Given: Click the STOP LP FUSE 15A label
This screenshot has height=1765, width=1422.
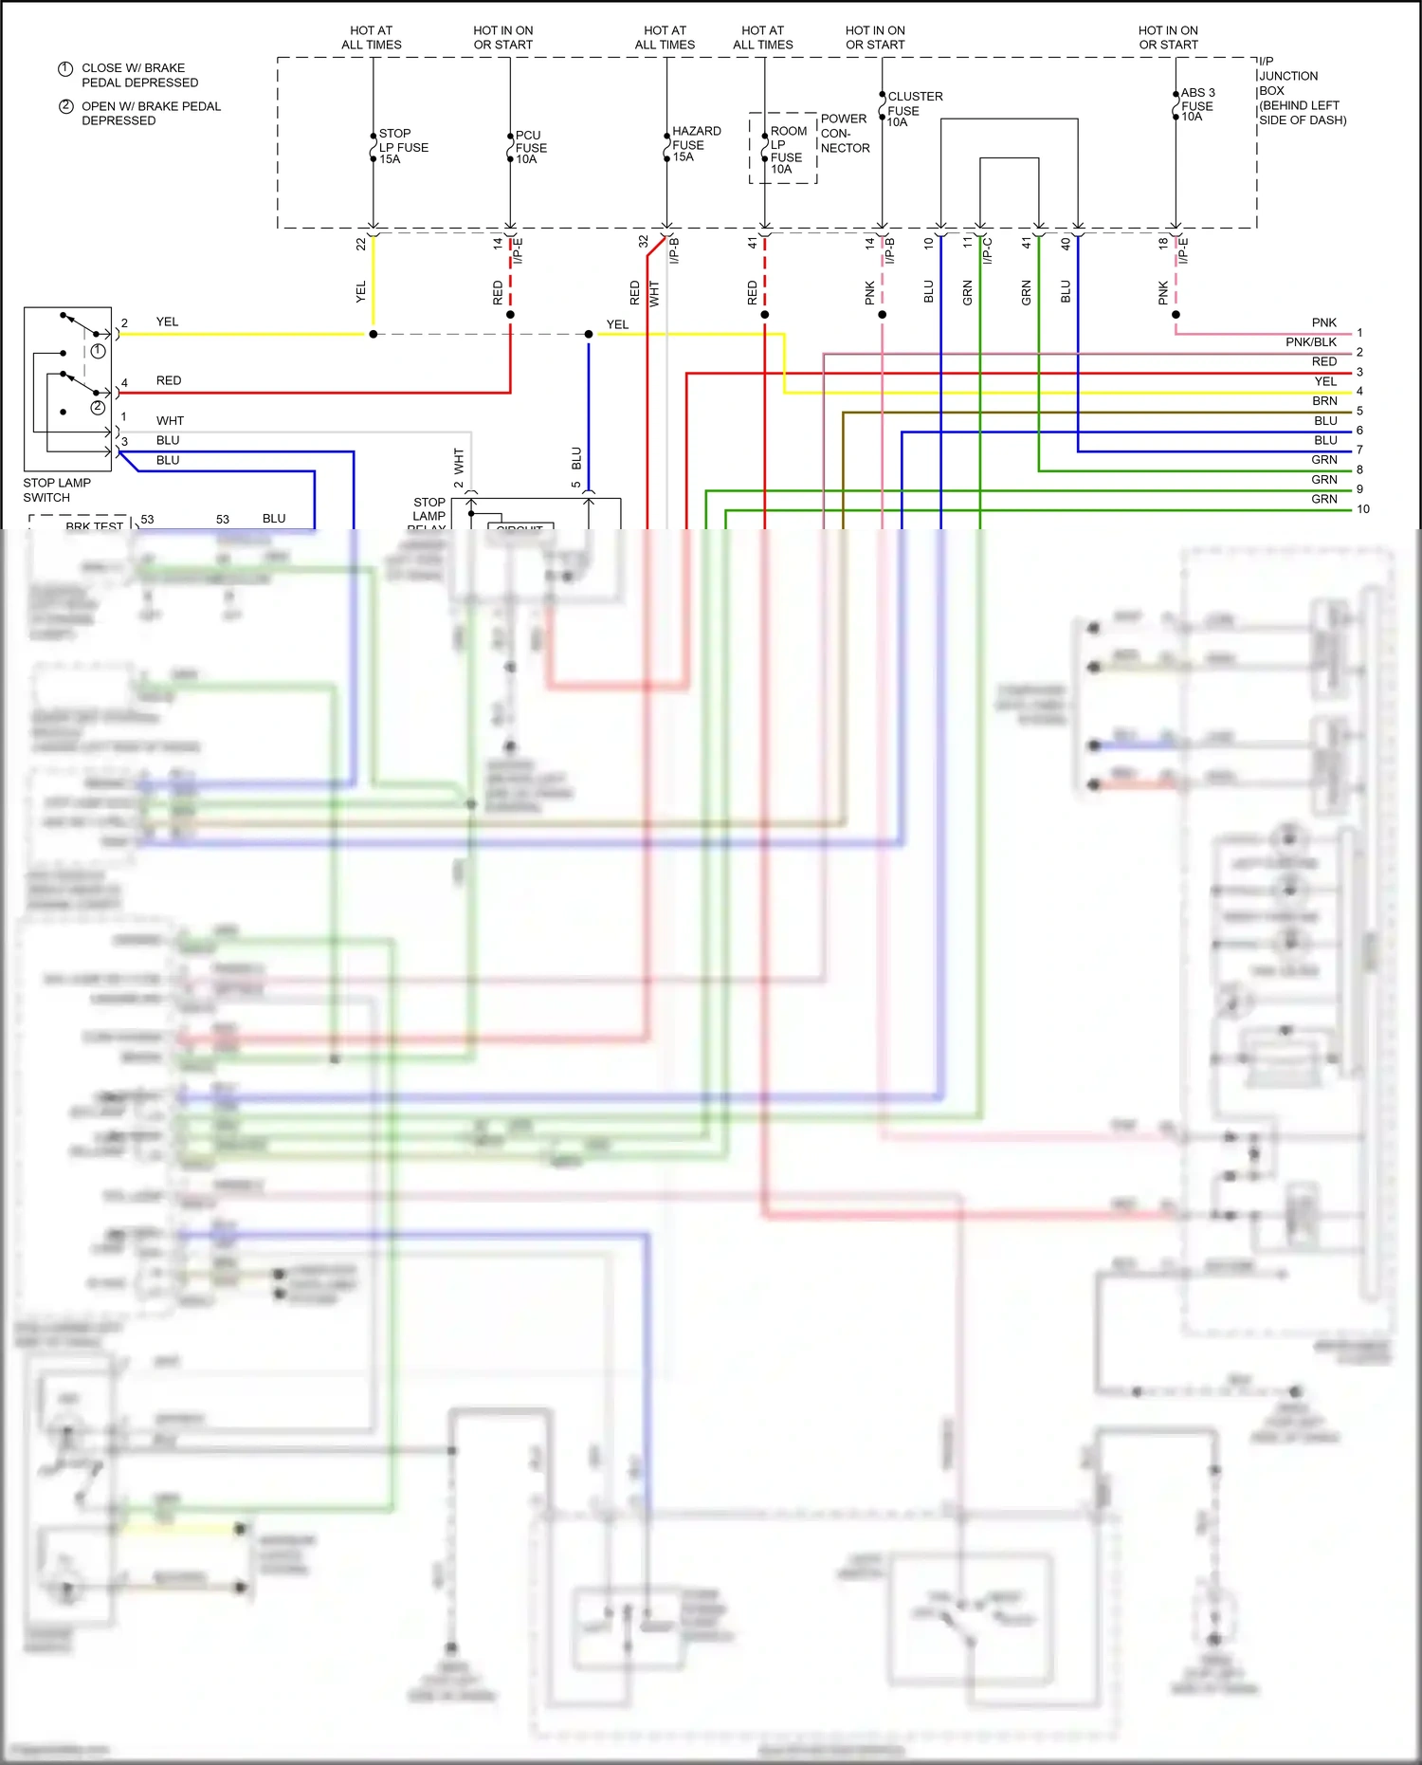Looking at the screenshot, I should (403, 147).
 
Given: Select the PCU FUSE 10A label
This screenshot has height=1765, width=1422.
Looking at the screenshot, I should (531, 148).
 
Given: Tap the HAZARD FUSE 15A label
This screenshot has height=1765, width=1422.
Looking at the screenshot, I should (696, 144).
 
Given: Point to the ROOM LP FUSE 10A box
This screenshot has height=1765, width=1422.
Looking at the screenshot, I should (783, 148).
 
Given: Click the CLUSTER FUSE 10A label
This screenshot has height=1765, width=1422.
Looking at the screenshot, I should (914, 109).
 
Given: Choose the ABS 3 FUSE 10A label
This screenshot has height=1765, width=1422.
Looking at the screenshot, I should (1197, 105).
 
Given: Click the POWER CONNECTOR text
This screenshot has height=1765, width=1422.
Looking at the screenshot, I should (845, 134).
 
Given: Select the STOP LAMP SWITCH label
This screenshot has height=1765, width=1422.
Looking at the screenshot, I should (57, 490).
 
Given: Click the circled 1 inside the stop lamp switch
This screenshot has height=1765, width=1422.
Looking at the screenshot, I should (98, 351).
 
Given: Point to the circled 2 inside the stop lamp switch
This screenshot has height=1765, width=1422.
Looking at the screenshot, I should (98, 408).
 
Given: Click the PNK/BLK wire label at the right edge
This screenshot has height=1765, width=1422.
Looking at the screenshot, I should (1311, 342).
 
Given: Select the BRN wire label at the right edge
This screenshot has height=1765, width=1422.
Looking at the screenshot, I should (1324, 401).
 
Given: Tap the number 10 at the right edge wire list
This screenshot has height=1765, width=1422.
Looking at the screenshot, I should (1363, 509).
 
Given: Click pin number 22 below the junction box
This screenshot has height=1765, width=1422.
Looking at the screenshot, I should (360, 244).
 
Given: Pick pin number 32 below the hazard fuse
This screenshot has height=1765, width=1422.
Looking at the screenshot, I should (644, 242).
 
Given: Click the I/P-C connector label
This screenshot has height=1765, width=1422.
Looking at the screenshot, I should (988, 249).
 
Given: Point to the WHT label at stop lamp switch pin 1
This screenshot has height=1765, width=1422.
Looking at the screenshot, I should (170, 421).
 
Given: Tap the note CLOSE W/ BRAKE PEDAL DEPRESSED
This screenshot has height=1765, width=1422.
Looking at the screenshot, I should (139, 76).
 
